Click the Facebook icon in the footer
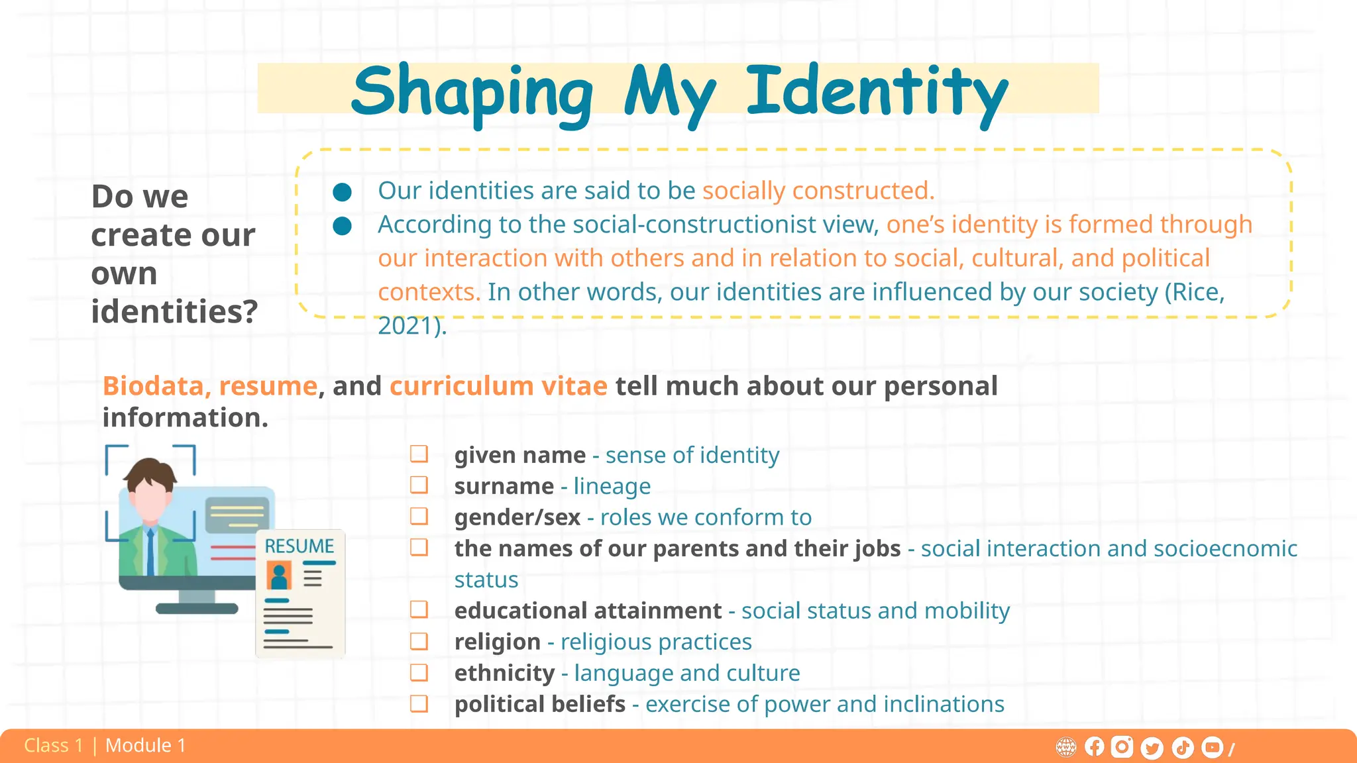click(x=1094, y=747)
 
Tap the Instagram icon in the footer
click(x=1122, y=747)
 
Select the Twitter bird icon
click(x=1152, y=748)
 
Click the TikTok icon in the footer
click(x=1183, y=748)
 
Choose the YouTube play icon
click(x=1212, y=747)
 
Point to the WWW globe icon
click(x=1065, y=748)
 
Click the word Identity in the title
click(x=876, y=93)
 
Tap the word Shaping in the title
click(x=472, y=93)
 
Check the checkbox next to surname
click(x=419, y=485)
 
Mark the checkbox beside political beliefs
click(x=419, y=703)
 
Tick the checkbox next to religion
click(x=419, y=641)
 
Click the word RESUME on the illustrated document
click(x=299, y=546)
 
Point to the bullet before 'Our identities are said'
click(x=342, y=192)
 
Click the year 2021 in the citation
click(x=408, y=326)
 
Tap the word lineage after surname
click(x=612, y=486)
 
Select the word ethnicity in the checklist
click(x=504, y=673)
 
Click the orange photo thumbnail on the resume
click(x=279, y=576)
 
